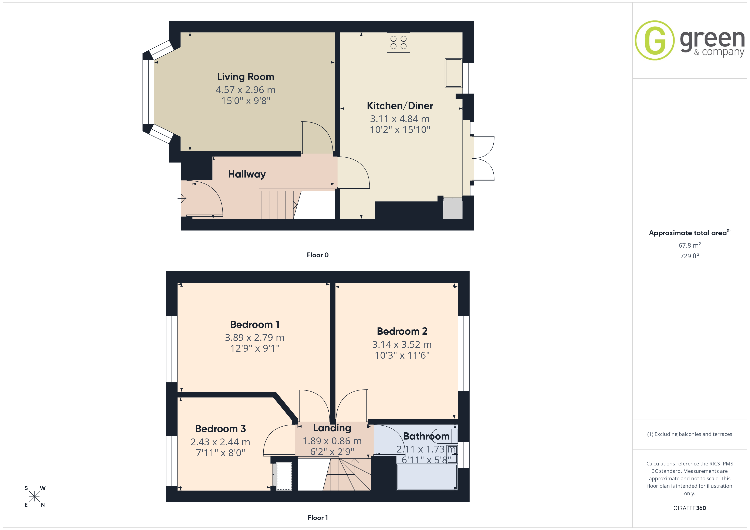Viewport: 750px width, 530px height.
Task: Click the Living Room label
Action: coord(246,77)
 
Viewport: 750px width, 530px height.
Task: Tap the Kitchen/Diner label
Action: coord(400,106)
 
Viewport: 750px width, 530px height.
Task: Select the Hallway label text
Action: coord(247,174)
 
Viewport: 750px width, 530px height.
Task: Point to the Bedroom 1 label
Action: coord(255,324)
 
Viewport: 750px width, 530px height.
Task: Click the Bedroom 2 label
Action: coord(402,331)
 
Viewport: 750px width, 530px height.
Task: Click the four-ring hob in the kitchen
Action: coord(399,42)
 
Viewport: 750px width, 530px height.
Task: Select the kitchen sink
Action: coord(453,73)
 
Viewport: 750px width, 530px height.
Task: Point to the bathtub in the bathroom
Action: coord(427,477)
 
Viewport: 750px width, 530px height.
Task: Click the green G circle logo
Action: coord(654,41)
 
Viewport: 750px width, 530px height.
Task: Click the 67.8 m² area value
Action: coord(690,245)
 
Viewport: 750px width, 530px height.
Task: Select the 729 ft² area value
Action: coord(690,256)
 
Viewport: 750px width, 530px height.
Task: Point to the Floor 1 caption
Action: coord(318,518)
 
